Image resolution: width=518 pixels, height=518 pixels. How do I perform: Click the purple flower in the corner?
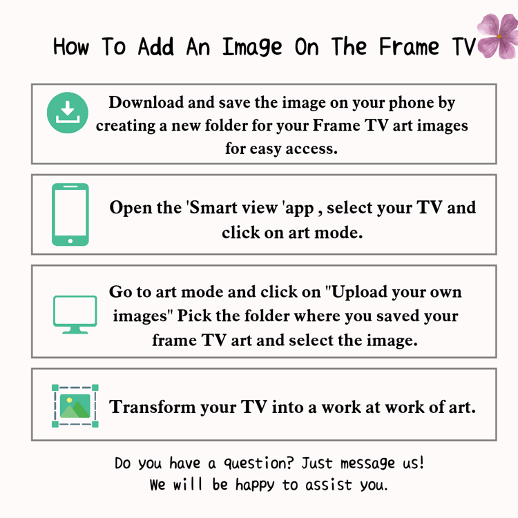tap(498, 36)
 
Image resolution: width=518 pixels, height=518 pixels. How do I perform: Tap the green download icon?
tap(68, 113)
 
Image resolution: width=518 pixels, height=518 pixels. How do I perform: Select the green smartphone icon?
tap(70, 214)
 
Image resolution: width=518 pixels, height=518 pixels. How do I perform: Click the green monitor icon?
tap(75, 314)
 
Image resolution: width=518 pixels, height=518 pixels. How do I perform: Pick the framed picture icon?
tap(75, 405)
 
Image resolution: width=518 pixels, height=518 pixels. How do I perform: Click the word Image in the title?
tap(252, 48)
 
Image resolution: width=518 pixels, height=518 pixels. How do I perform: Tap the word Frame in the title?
tap(410, 47)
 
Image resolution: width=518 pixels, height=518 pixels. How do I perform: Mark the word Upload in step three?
tap(354, 292)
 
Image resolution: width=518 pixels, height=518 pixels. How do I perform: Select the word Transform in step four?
tap(153, 407)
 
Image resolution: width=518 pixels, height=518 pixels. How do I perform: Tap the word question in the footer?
tap(259, 463)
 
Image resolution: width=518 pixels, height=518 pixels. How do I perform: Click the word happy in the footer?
tap(255, 486)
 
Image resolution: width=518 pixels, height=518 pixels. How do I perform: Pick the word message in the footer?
tap(367, 463)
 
